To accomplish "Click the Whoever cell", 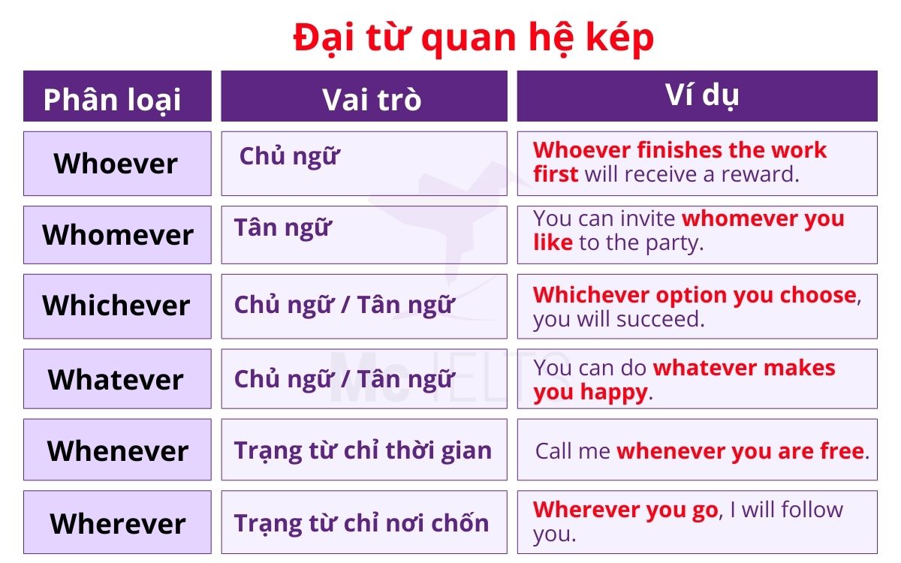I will point(116,163).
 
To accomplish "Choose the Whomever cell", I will point(116,234).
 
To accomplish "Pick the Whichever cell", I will point(116,306).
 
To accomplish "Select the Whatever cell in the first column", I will point(116,379).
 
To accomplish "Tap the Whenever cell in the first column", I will point(116,450).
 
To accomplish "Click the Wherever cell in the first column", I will point(116,522).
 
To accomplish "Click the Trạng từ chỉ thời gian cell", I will point(363,450).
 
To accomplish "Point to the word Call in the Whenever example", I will point(554,451).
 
